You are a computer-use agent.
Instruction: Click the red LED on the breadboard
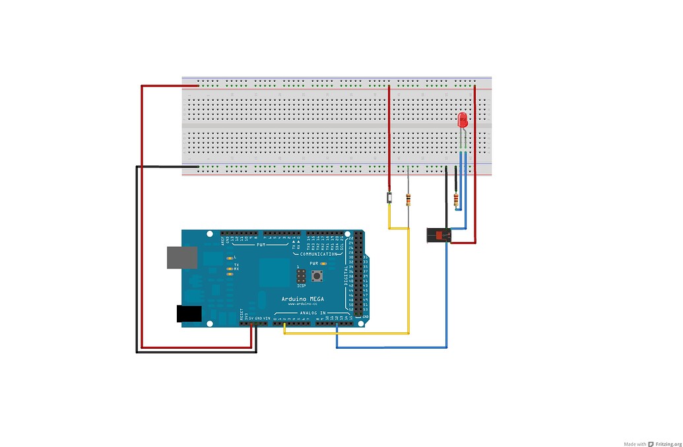(463, 120)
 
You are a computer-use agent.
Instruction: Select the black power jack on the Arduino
(189, 314)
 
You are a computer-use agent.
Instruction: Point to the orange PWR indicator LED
(323, 263)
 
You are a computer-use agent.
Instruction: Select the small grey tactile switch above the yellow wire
(389, 197)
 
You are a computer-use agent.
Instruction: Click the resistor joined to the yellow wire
(409, 198)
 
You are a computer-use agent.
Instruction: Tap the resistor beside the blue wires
(456, 200)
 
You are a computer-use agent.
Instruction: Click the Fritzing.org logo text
(665, 444)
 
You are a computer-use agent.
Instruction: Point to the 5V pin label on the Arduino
(251, 318)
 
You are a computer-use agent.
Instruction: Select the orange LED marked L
(229, 257)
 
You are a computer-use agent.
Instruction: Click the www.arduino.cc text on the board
(300, 304)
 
